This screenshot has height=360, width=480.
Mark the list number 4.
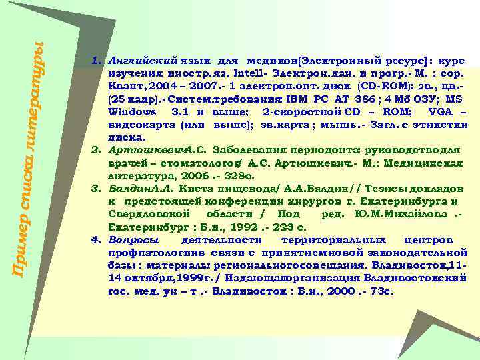pos(95,239)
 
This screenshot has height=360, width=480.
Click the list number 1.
pos(95,61)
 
